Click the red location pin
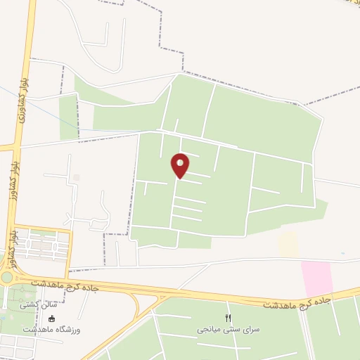181,165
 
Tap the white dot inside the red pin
181,162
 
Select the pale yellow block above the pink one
288,244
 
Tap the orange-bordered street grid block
42,245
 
